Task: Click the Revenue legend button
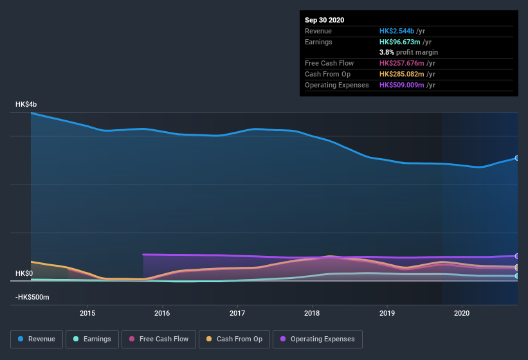coord(36,339)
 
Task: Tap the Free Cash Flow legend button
coord(158,339)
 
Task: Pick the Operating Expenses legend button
coord(317,339)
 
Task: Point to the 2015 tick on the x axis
coord(87,313)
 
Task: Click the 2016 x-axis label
coord(162,313)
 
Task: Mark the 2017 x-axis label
coord(237,313)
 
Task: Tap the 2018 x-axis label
coord(312,313)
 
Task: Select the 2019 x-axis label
coord(387,313)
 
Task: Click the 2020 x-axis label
coord(462,313)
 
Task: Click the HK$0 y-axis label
coord(24,273)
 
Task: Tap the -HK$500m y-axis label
coord(33,298)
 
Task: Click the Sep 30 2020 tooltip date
coord(325,20)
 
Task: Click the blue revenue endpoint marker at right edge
coord(516,158)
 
